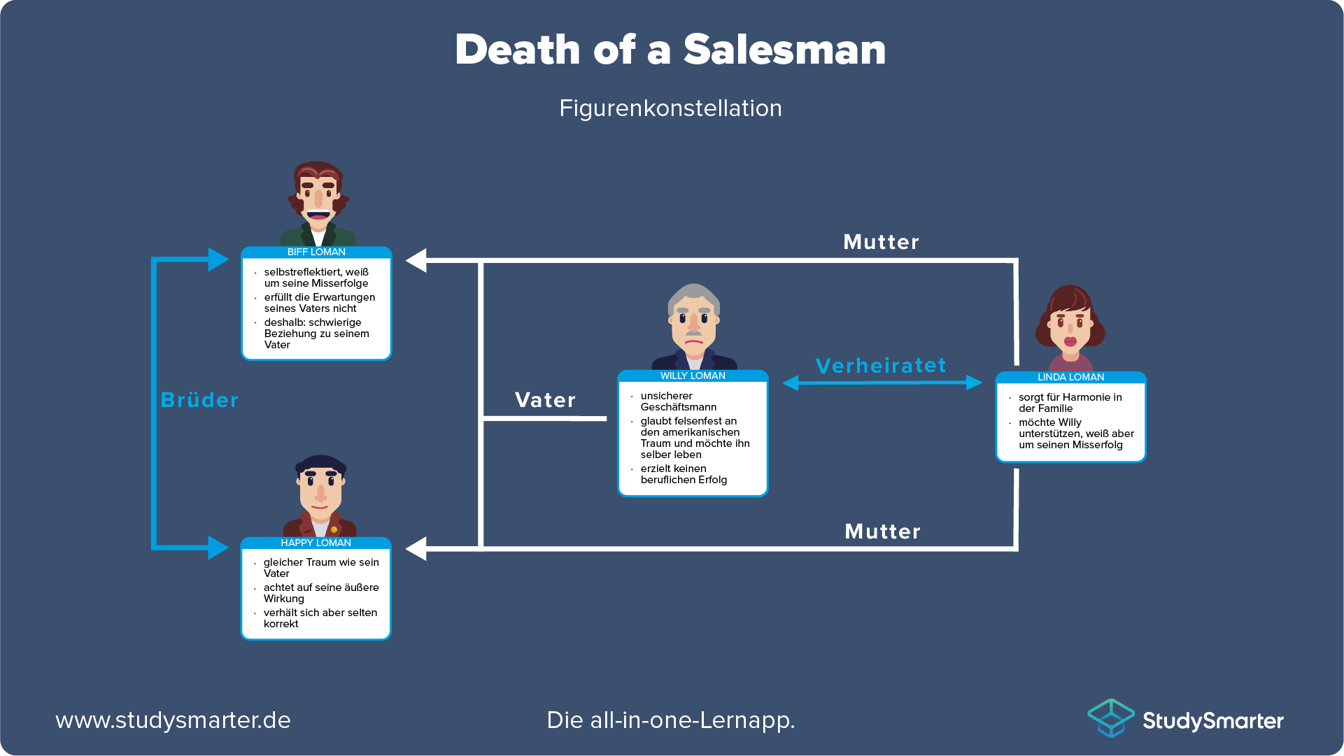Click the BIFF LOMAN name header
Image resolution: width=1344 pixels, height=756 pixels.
316,252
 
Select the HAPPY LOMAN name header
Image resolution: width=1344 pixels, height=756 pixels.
316,543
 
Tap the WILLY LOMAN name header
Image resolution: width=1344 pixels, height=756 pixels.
693,376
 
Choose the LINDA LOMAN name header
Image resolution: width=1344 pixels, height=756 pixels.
1070,378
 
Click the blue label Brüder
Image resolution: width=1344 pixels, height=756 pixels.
199,400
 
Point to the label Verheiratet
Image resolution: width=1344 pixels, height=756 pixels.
881,366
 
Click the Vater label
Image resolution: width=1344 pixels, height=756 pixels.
545,400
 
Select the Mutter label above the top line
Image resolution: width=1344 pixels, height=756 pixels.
881,242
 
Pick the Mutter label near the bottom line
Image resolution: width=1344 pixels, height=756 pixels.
882,532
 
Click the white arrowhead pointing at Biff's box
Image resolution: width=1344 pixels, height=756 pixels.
417,261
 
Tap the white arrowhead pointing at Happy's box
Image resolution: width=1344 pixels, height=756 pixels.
417,549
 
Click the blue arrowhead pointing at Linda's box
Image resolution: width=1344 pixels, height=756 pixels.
974,383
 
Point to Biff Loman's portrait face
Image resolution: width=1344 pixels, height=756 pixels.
318,199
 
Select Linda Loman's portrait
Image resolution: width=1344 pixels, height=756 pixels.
1070,325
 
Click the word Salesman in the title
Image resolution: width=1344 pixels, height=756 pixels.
784,50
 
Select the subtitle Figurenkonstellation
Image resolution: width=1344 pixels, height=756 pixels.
670,108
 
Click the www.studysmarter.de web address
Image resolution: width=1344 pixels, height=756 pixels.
173,720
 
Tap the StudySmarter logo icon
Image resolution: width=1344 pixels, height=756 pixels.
1110,718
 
